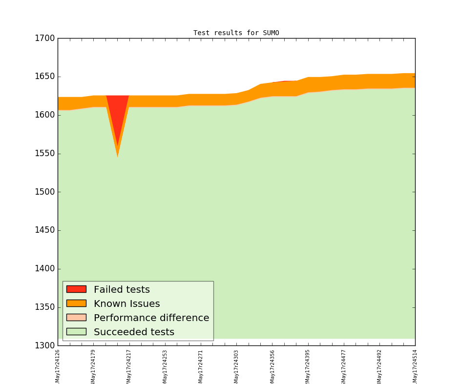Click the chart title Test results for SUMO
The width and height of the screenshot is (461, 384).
[x=236, y=33]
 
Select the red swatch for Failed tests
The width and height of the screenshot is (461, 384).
[x=76, y=289]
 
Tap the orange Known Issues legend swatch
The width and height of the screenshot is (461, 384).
[x=76, y=303]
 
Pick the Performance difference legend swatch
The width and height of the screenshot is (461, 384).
[x=76, y=318]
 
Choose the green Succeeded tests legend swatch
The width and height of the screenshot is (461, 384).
[x=76, y=332]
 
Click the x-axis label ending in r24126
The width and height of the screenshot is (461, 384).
[x=58, y=366]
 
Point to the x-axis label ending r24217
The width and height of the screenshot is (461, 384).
[x=129, y=366]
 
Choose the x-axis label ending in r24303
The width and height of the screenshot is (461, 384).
[x=236, y=366]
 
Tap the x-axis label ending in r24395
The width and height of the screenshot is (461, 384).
[x=308, y=366]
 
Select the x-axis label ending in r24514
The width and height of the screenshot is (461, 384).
[x=415, y=366]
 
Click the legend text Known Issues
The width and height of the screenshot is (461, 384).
[x=126, y=304]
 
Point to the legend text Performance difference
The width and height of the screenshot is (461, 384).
[x=151, y=318]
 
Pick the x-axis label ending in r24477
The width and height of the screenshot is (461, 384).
[x=343, y=366]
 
